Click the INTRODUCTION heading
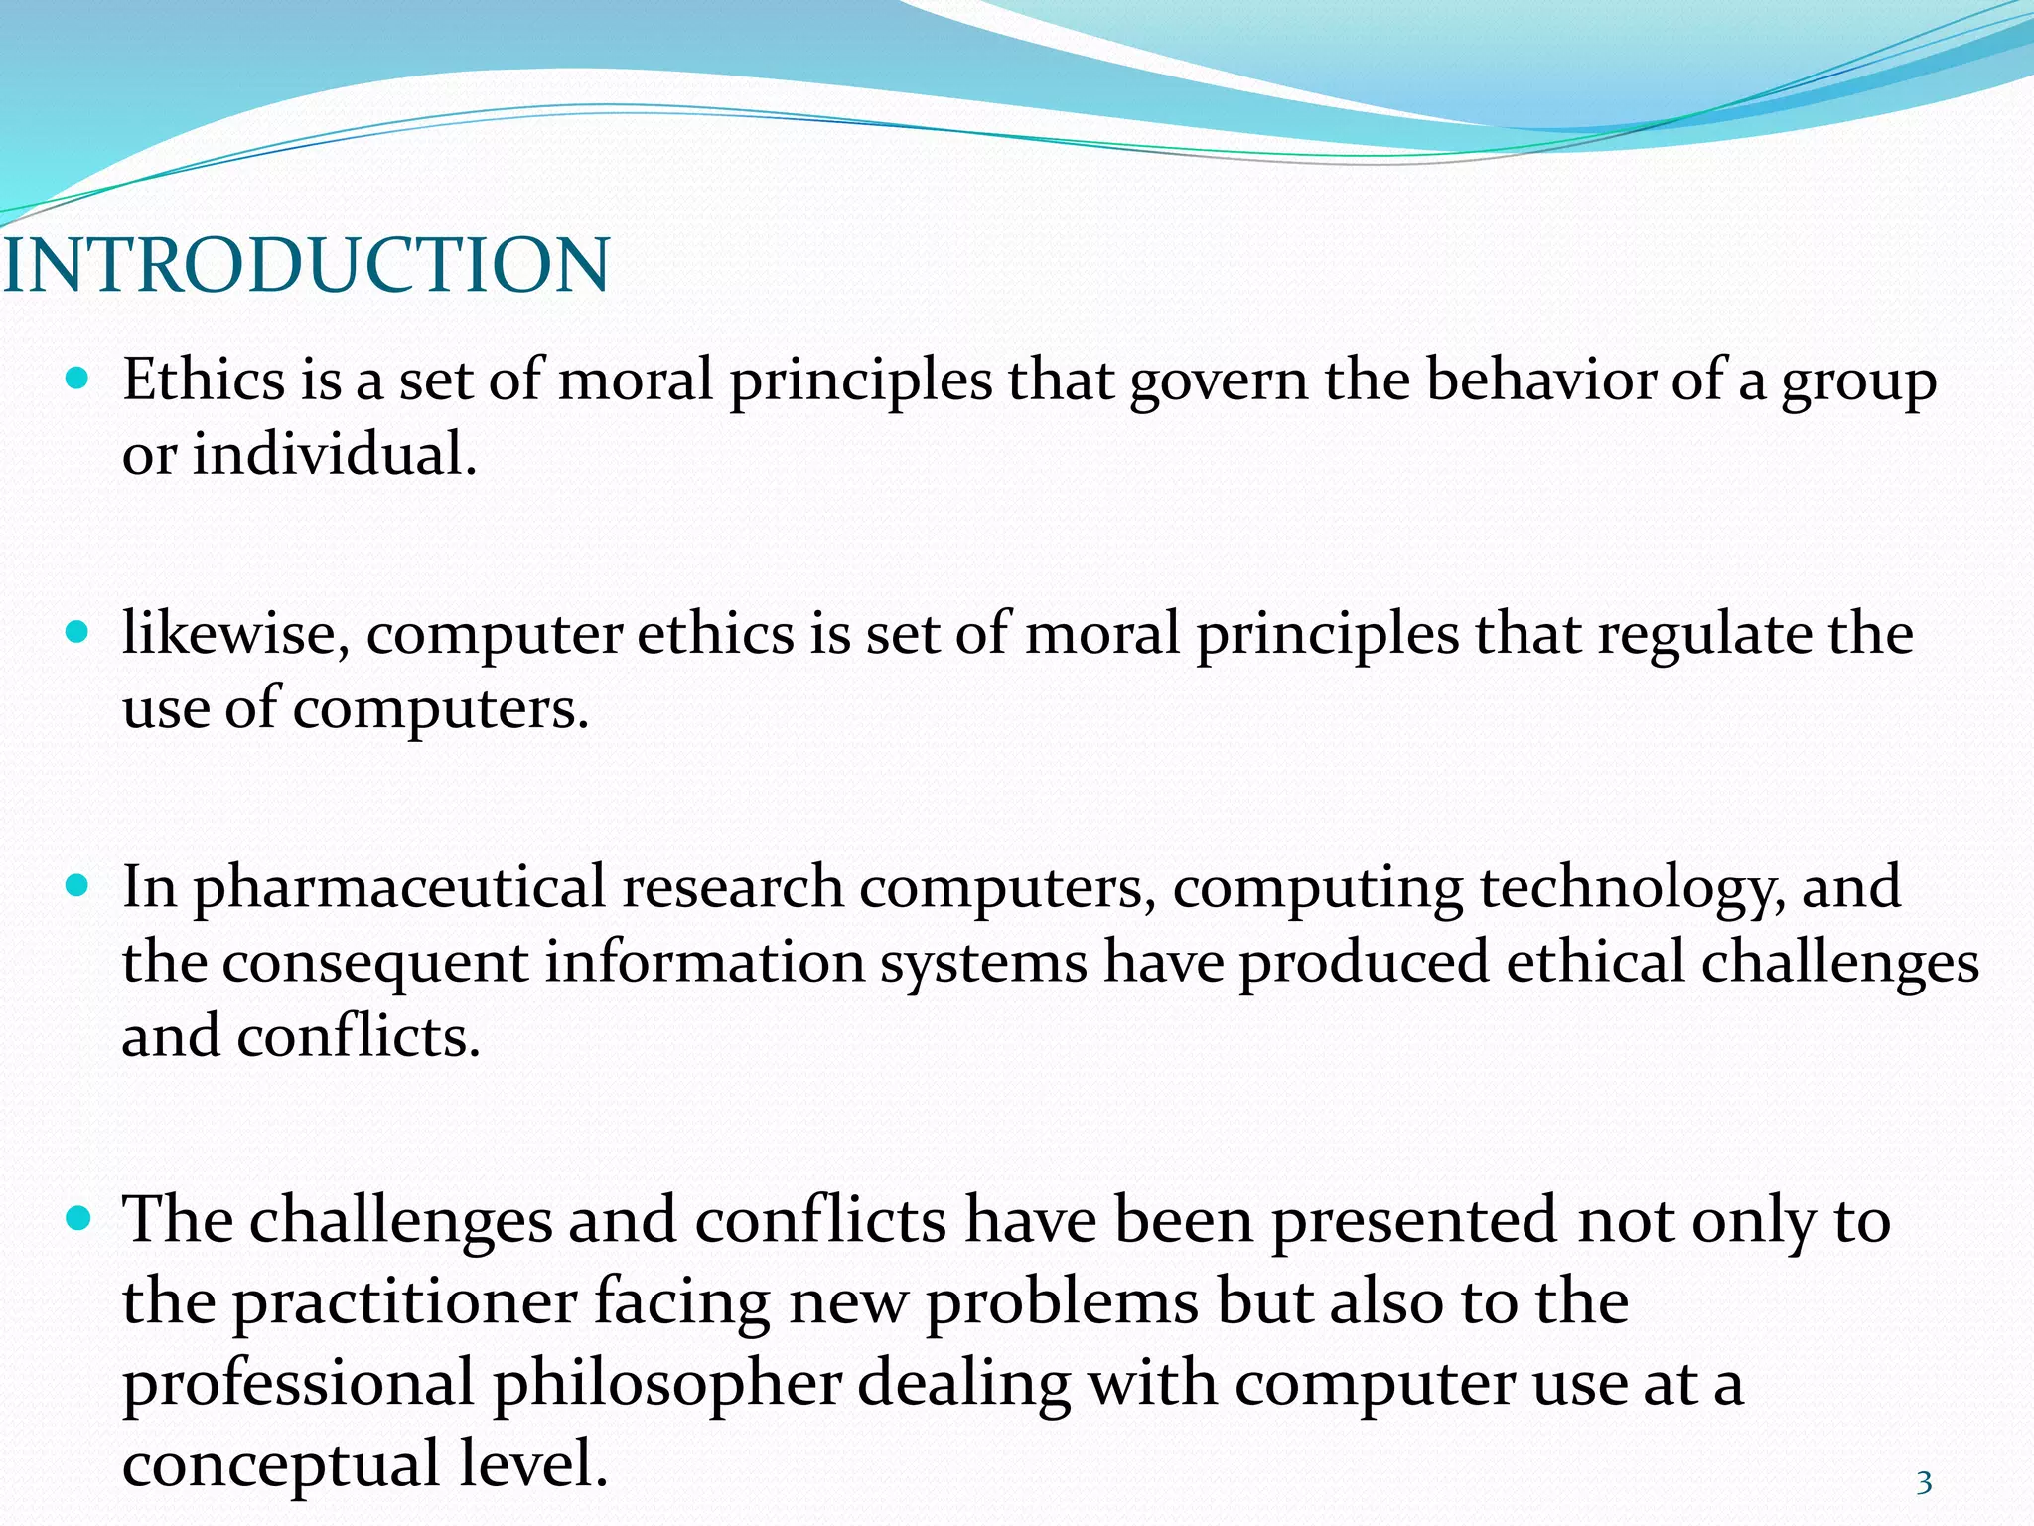pyautogui.click(x=306, y=266)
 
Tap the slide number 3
pyautogui.click(x=1924, y=1483)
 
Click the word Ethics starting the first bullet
pyautogui.click(x=204, y=380)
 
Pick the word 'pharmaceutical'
pyautogui.click(x=398, y=888)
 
